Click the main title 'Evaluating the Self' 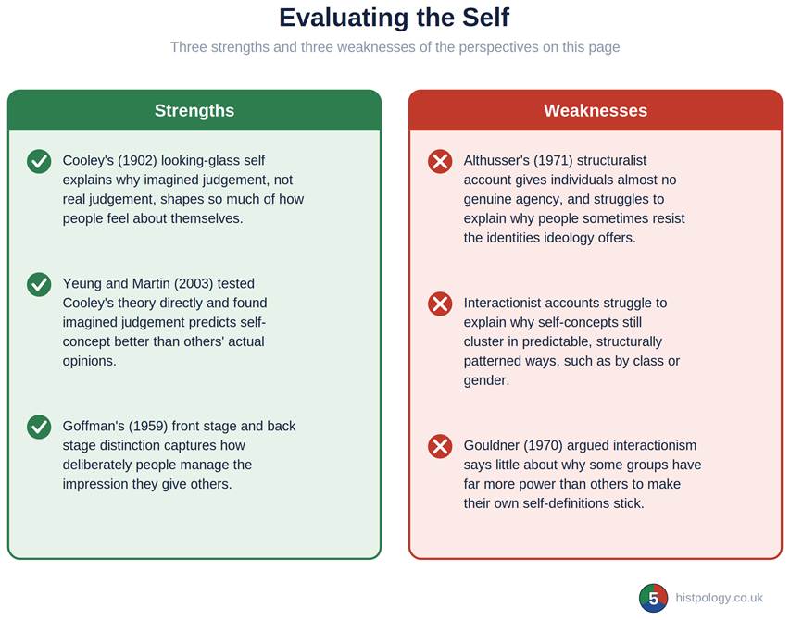(x=394, y=19)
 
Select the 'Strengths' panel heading (x=194, y=110)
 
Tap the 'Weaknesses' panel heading (x=596, y=110)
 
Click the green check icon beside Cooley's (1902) (x=39, y=162)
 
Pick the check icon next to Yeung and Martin (x=39, y=285)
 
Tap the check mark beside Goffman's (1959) (x=39, y=428)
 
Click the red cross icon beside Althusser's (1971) (x=440, y=162)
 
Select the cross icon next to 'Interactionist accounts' (x=440, y=304)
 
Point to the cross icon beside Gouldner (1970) (x=440, y=446)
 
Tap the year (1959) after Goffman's (x=148, y=427)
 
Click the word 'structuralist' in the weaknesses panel (x=611, y=160)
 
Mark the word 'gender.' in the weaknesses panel (x=487, y=381)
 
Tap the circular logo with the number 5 (x=654, y=598)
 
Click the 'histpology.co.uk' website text (x=720, y=598)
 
